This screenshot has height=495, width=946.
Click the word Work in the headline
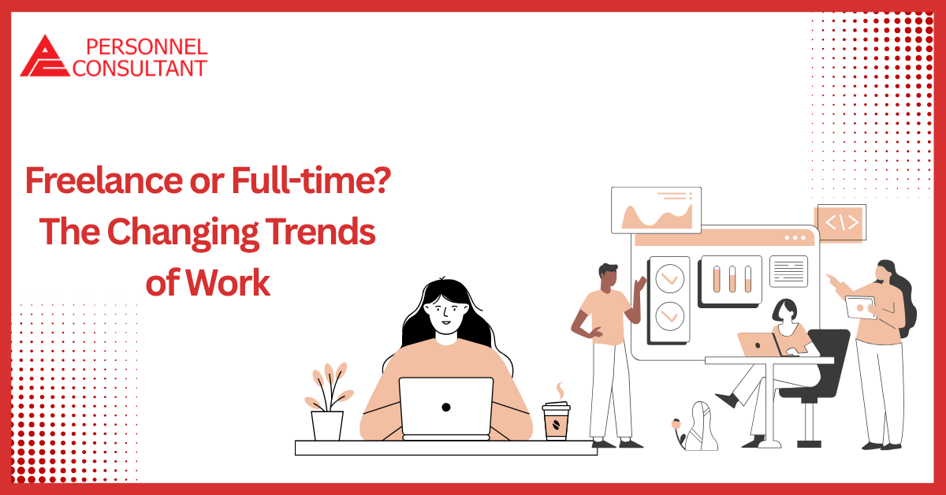234,282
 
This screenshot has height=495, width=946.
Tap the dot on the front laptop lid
446,408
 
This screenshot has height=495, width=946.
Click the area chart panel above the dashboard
656,211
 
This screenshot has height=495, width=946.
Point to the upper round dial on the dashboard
669,277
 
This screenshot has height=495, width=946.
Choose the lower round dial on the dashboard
669,317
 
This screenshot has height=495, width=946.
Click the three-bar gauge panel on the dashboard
731,279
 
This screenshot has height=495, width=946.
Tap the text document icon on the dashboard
788,271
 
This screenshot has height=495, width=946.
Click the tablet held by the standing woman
859,306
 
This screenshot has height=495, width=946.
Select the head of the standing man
607,277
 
